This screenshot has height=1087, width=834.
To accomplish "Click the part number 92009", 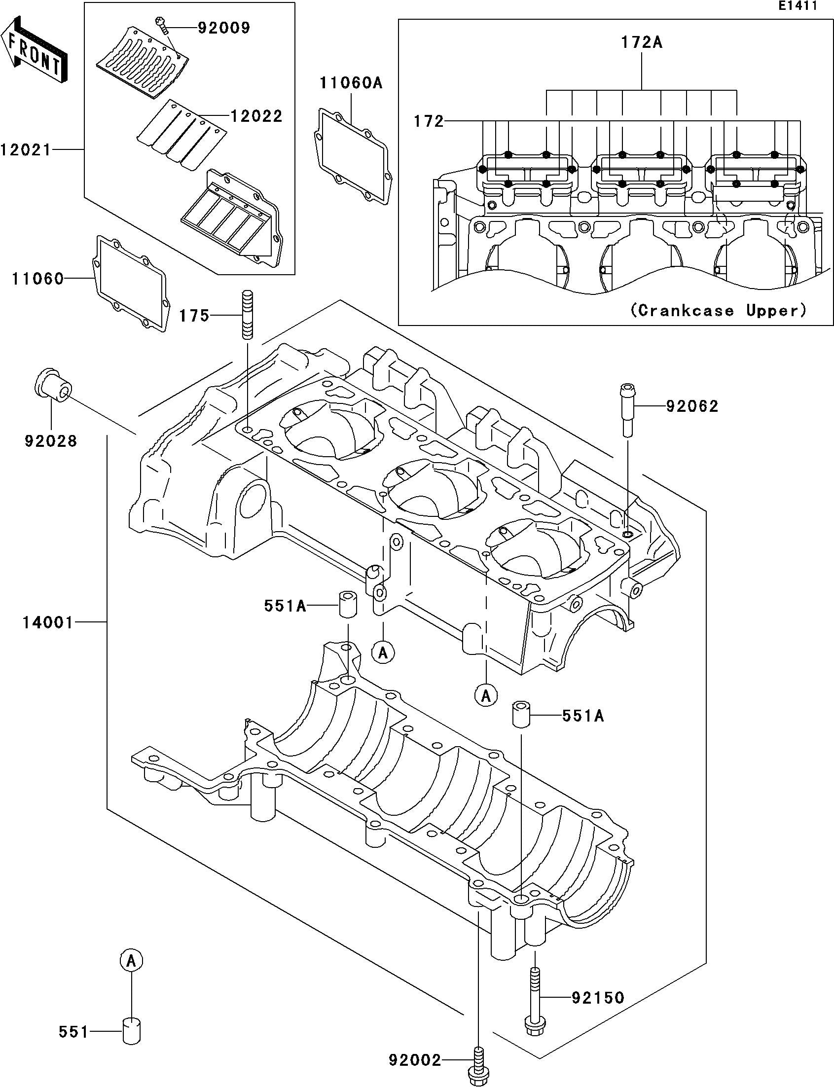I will (x=223, y=28).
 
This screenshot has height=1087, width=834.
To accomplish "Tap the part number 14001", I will (x=48, y=622).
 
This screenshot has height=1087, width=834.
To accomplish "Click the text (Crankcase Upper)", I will (x=718, y=311).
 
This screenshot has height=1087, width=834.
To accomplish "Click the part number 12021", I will (x=26, y=149).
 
